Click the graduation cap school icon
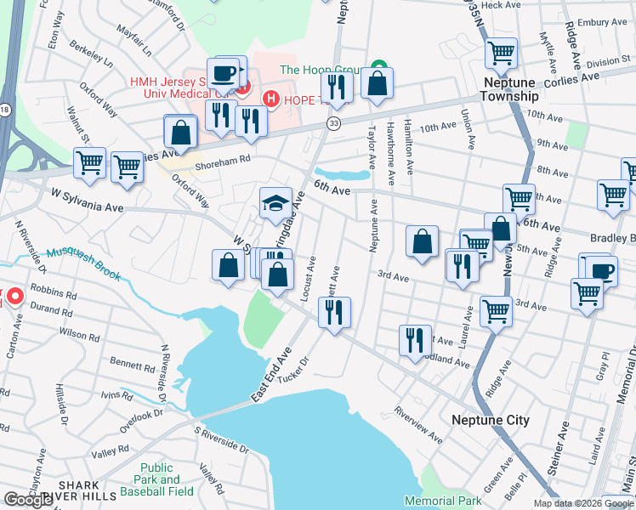[275, 204]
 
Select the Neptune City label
[491, 421]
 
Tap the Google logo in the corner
[28, 500]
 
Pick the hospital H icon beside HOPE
[271, 99]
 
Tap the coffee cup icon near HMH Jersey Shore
[224, 72]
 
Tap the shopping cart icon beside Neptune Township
[501, 54]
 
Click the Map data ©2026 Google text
[583, 503]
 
